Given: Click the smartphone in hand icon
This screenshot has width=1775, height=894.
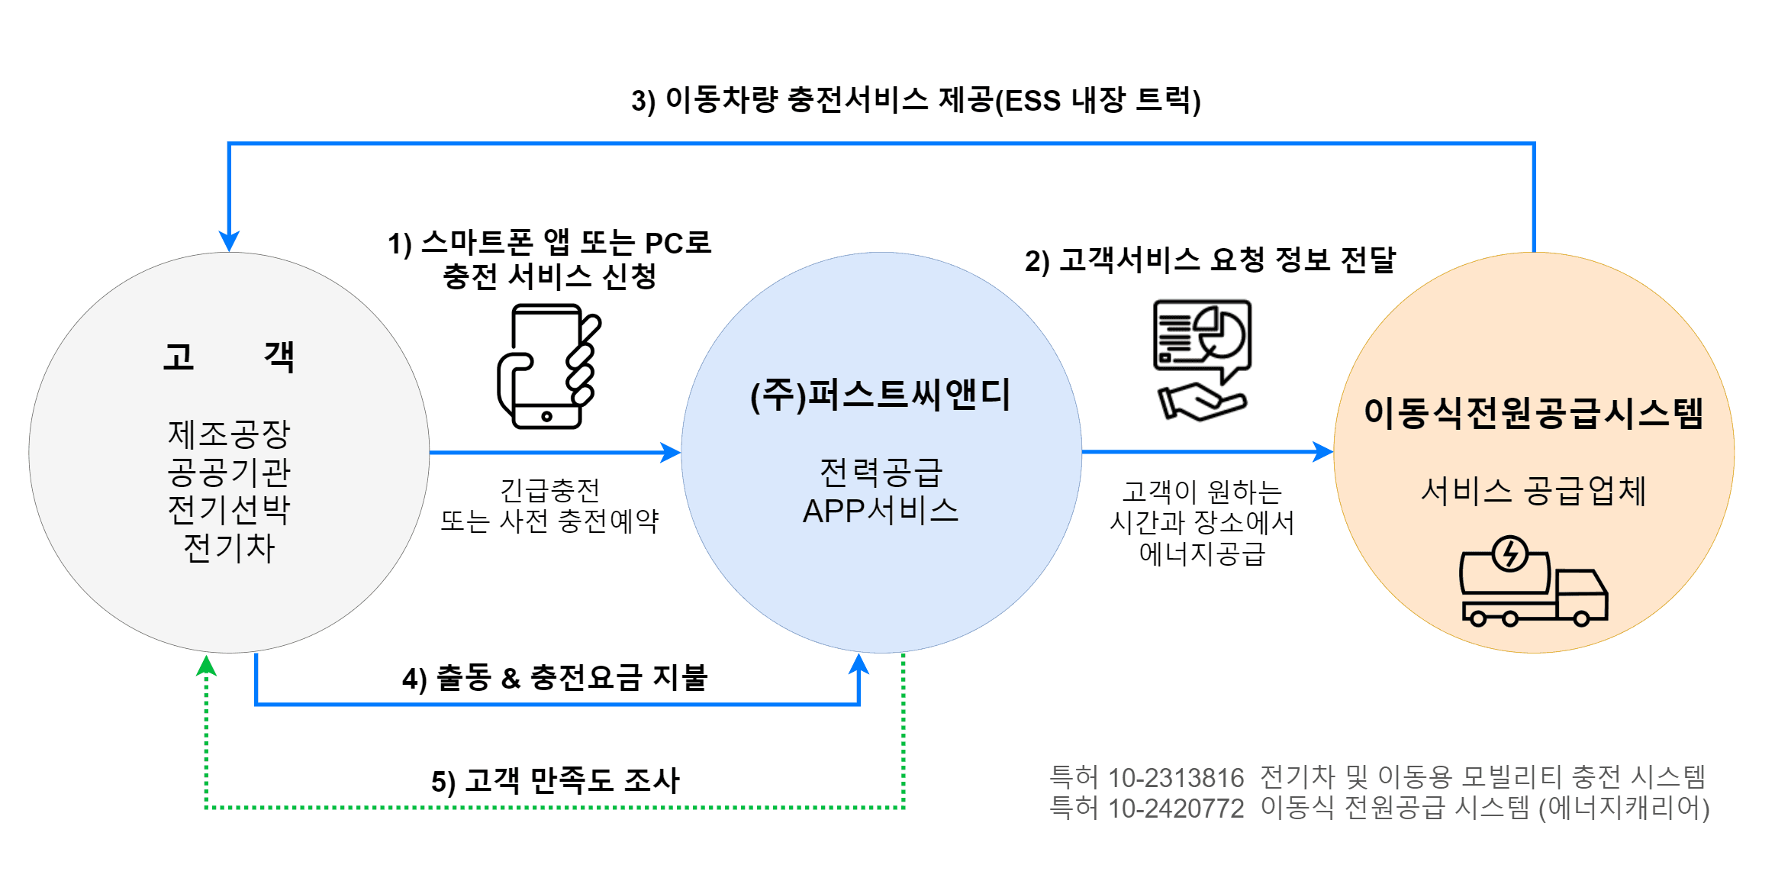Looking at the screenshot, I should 549,366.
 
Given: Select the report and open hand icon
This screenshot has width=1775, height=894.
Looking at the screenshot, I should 1202,360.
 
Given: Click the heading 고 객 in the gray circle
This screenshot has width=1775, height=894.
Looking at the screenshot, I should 228,357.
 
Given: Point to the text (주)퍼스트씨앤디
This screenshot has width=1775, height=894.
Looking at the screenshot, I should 881,395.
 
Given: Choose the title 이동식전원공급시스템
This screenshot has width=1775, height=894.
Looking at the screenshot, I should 1533,413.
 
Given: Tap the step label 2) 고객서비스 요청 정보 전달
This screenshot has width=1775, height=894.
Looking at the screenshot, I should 1210,260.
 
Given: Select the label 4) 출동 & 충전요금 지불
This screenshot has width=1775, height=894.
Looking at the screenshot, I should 555,677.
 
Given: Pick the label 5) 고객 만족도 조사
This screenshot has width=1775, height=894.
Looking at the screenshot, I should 555,780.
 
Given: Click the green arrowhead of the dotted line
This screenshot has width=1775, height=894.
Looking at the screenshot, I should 206,666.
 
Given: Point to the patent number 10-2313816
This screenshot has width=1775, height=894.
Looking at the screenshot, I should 1176,778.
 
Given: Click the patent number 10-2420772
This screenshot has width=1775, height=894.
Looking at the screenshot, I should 1176,808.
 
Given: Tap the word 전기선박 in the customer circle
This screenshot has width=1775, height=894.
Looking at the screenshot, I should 229,509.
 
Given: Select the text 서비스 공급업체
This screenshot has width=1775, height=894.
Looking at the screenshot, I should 1533,491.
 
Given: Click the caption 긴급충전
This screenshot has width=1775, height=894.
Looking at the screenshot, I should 549,489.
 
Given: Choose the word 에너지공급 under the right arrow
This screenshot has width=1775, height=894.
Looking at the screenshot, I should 1202,554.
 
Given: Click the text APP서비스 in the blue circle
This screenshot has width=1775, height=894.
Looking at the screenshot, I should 881,511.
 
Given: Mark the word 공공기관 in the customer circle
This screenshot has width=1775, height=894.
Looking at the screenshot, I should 229,472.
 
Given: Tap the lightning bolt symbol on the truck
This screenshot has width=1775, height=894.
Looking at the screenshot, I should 1509,554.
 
